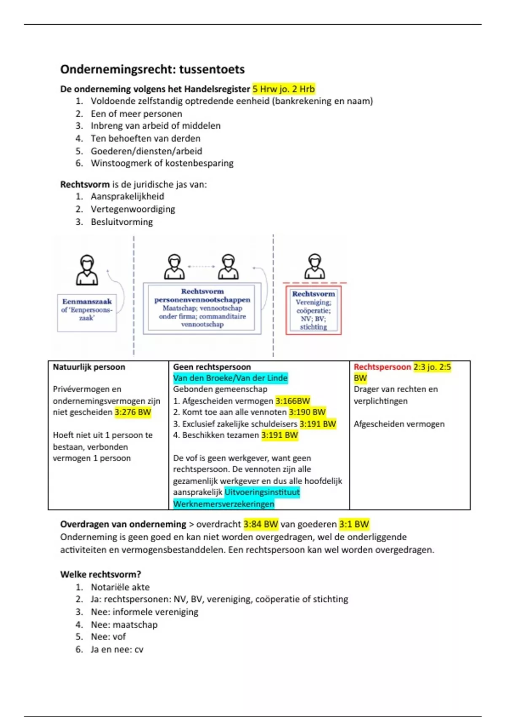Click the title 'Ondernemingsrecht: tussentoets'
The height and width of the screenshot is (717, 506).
[152, 69]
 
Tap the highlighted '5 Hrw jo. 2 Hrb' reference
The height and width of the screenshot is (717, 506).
[283, 89]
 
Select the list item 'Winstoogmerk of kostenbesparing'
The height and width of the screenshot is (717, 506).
[162, 163]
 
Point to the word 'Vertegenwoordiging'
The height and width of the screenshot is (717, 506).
[133, 209]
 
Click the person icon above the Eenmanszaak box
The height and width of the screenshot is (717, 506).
[87, 270]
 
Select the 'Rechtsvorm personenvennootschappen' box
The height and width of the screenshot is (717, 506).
[202, 308]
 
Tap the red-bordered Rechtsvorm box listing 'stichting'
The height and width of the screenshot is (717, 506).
[313, 310]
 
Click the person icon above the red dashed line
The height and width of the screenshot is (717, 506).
[315, 266]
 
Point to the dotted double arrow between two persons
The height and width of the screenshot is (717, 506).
[201, 267]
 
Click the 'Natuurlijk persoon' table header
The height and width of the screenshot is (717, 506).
[89, 367]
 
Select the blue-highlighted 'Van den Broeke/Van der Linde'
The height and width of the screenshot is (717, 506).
[230, 378]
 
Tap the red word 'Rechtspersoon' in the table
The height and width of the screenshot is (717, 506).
[382, 367]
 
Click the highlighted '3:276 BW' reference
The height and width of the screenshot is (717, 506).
[132, 412]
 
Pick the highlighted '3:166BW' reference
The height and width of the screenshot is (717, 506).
[293, 401]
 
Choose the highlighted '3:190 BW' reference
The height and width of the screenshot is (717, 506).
[307, 412]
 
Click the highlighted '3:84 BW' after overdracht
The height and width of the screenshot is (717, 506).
[261, 524]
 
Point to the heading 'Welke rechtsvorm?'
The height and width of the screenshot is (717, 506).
[100, 574]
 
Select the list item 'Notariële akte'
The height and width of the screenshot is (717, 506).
[120, 587]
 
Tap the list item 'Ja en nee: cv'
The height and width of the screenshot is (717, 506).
[117, 650]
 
